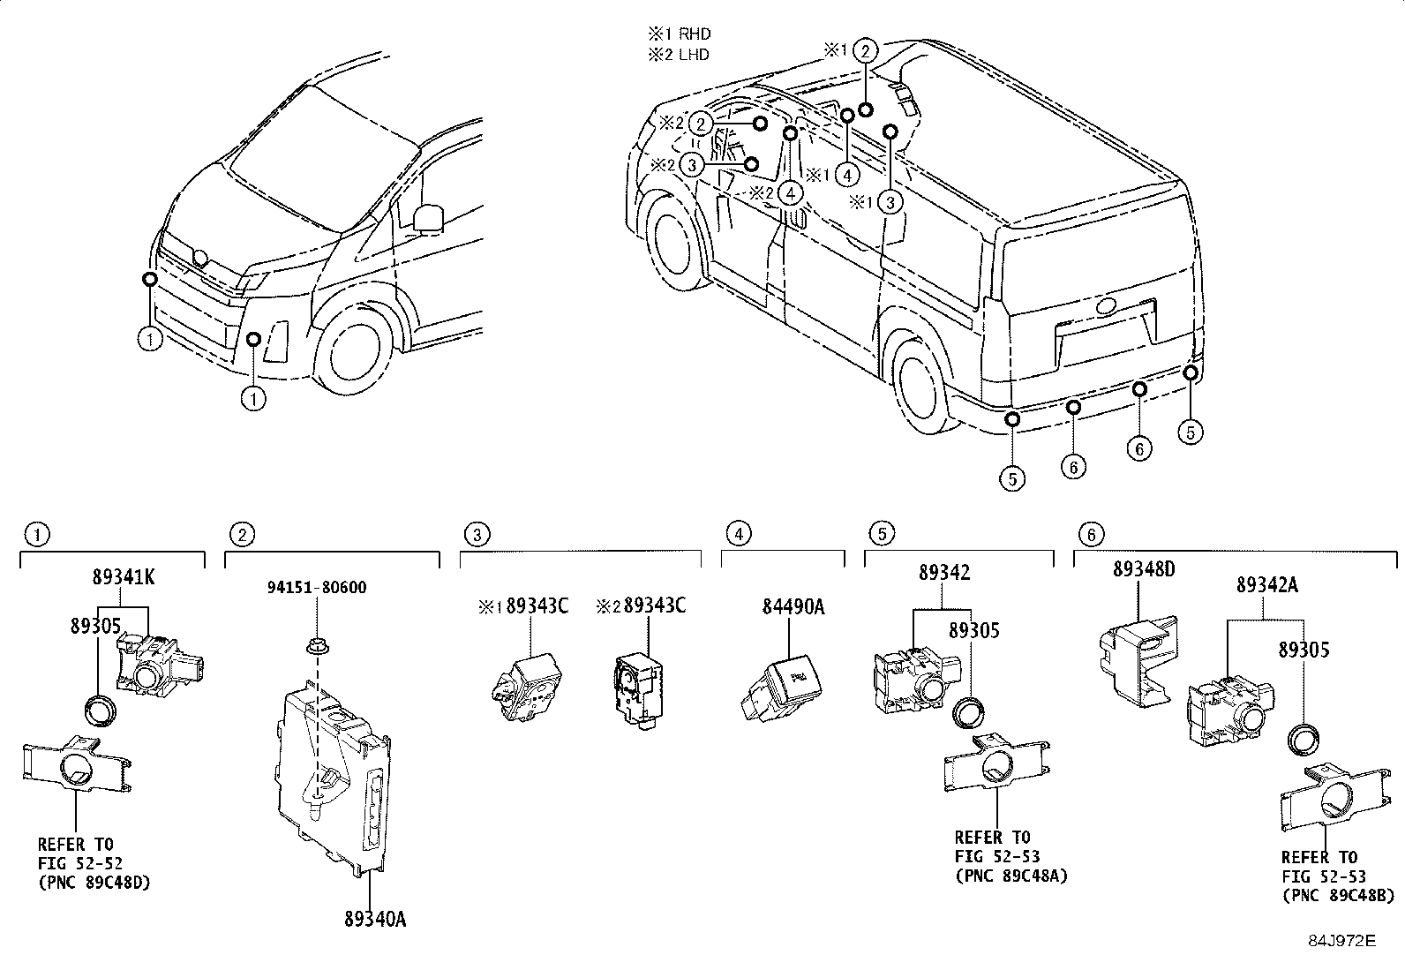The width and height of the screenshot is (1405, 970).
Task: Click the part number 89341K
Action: coord(124,577)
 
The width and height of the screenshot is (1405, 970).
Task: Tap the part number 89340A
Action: coord(375,919)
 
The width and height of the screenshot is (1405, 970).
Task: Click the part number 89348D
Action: coord(1144,569)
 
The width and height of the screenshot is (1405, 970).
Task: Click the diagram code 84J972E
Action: coord(1341,941)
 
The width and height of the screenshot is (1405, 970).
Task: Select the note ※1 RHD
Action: coord(680,34)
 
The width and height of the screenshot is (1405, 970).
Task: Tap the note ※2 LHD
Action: coord(680,55)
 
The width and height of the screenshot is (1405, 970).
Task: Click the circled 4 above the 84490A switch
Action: coord(739,534)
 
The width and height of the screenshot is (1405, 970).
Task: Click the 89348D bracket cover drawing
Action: coord(1138,658)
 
